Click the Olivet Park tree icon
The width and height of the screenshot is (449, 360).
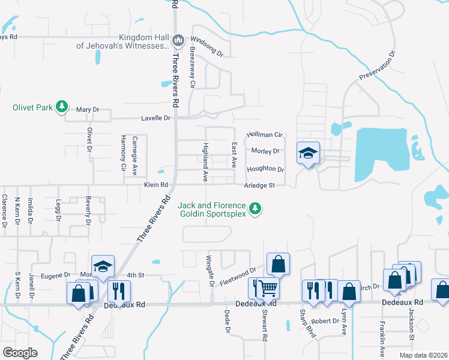61,107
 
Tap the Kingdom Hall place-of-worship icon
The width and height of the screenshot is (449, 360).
178,41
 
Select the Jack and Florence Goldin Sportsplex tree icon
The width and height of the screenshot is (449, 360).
256,209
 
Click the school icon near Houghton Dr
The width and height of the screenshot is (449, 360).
308,154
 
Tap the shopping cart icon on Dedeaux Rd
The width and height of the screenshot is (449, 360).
268,288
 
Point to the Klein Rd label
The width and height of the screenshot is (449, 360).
155,185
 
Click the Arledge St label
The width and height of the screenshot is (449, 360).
259,185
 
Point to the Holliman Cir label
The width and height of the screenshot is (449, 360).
265,135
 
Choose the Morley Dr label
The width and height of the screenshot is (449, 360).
266,151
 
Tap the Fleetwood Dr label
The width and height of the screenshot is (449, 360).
236,275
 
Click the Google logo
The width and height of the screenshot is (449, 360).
20,353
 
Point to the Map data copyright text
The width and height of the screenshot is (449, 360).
424,355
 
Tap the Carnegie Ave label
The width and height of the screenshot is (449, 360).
134,155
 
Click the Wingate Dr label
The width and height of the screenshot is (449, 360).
210,270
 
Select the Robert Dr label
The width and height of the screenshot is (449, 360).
326,321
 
